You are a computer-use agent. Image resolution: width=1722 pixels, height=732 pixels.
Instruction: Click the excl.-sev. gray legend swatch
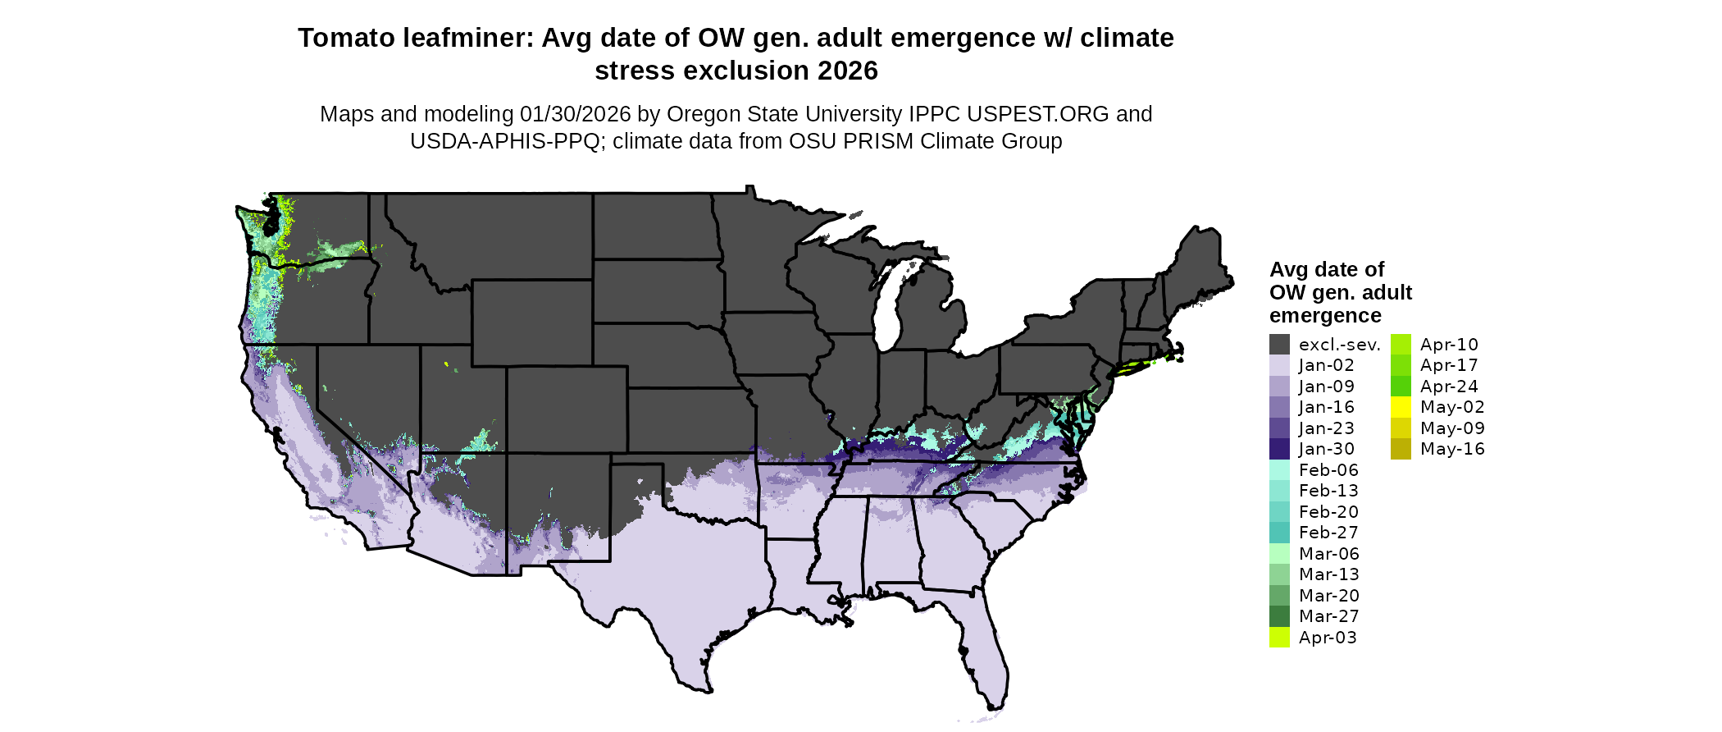[x=1279, y=345]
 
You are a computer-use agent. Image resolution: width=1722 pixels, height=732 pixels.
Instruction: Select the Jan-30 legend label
[x=1326, y=449]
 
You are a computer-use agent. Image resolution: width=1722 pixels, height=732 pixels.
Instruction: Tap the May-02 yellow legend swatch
[x=1401, y=407]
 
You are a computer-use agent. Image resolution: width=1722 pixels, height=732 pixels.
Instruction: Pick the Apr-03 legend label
[x=1327, y=638]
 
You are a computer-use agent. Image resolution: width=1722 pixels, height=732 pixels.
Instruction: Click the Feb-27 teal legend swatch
[x=1279, y=533]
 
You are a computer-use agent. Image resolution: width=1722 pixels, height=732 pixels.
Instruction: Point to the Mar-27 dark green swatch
[x=1279, y=616]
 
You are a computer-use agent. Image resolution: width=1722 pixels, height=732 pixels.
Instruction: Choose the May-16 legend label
[x=1451, y=449]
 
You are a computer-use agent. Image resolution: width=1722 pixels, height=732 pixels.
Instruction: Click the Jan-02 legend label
[x=1326, y=365]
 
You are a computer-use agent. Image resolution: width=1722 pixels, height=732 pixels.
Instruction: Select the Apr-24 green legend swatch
[x=1401, y=387]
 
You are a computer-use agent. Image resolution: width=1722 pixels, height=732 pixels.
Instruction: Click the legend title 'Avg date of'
[x=1326, y=270]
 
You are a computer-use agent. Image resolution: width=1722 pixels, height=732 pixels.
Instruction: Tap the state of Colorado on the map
[x=567, y=409]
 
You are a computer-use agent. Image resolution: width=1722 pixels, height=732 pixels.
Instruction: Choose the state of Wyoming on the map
[x=531, y=322]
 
